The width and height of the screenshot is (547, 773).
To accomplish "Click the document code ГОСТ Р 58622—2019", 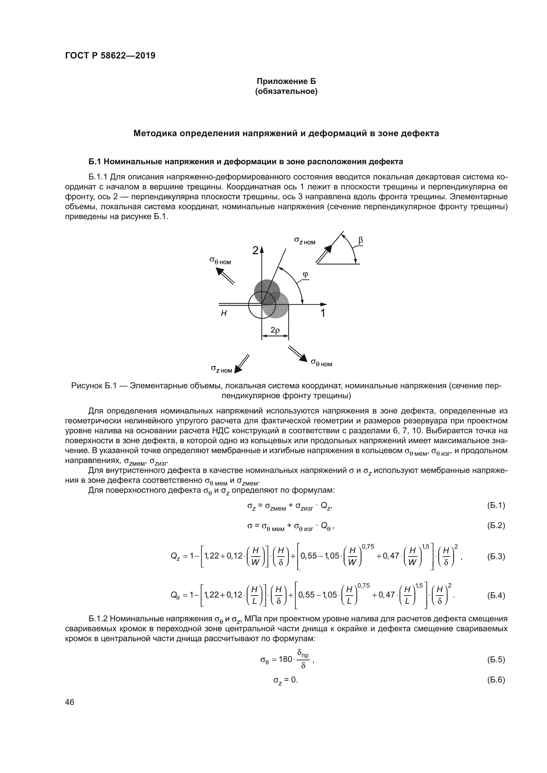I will click(x=110, y=56).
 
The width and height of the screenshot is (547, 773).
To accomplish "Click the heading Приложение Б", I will click(x=286, y=81).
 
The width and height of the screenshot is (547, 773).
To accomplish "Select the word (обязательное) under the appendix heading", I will click(x=286, y=92).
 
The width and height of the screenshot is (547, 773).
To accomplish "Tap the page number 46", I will click(x=69, y=702).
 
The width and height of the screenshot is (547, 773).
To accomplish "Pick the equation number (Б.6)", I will click(x=496, y=680).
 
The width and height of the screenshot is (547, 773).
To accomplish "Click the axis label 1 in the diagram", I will click(x=323, y=313).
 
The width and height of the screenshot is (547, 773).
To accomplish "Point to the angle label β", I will click(x=360, y=240).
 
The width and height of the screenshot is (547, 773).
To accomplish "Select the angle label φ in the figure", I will click(x=305, y=274).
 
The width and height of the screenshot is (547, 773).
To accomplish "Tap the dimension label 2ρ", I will click(x=275, y=330).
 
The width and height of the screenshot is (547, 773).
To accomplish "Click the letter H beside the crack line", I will click(x=224, y=313).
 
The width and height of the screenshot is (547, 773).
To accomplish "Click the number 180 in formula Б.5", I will click(x=286, y=659).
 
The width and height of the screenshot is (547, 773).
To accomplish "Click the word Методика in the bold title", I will click(x=154, y=133).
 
